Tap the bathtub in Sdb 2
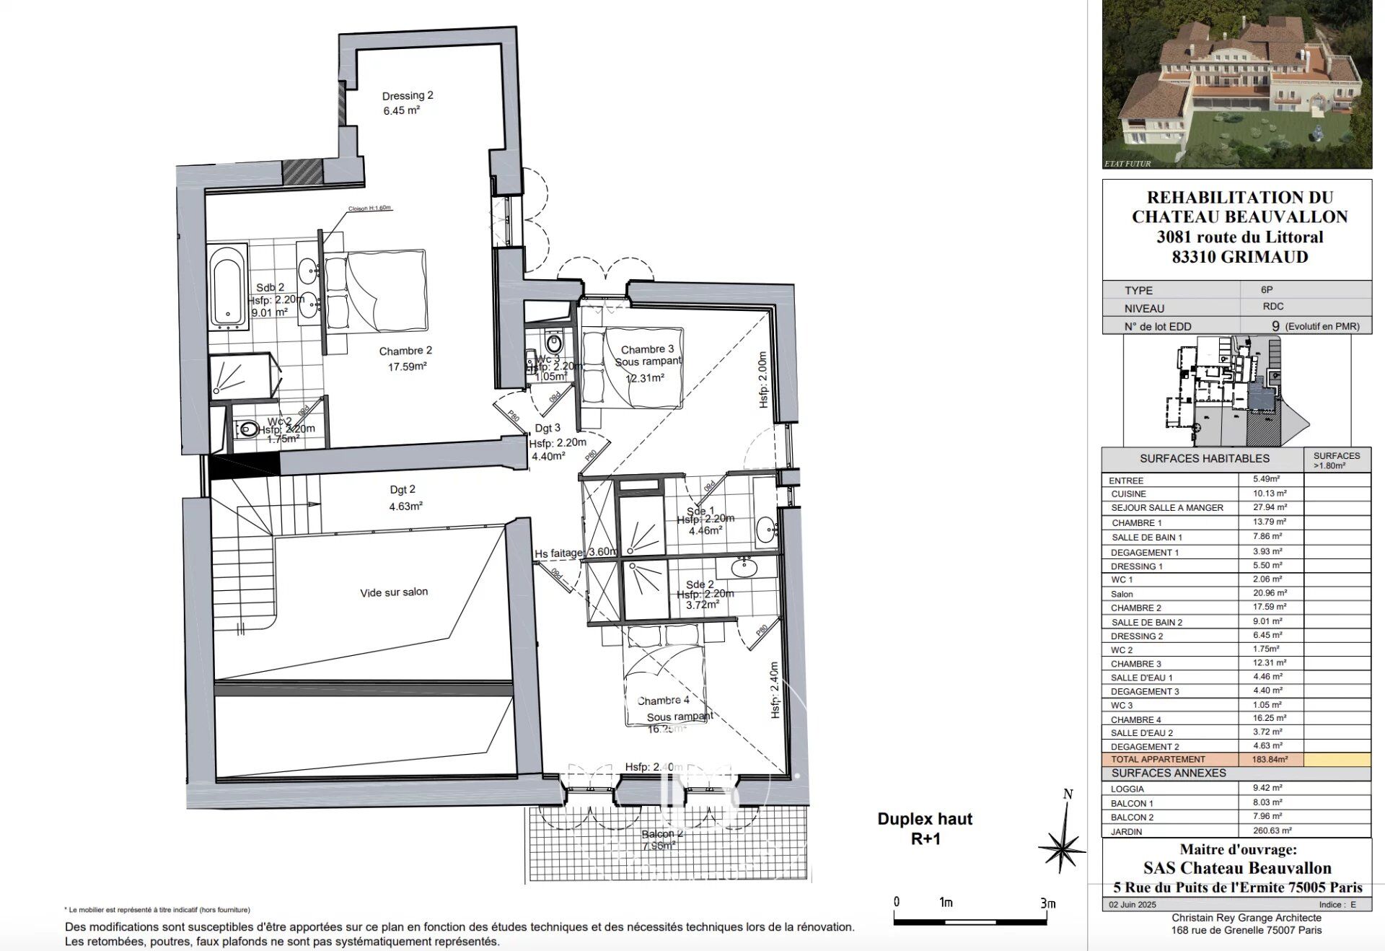pos(227,286)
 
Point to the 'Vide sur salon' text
pos(394,592)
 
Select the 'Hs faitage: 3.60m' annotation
pos(576,553)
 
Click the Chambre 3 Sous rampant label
pos(647,355)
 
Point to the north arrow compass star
pos(1062,846)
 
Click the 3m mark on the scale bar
pos(1047,903)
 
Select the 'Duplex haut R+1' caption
pos(925,828)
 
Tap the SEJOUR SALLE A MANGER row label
pos(1166,508)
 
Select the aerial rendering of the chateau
pos(1236,83)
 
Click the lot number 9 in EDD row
pos(1275,326)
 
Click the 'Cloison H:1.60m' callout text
pos(369,208)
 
